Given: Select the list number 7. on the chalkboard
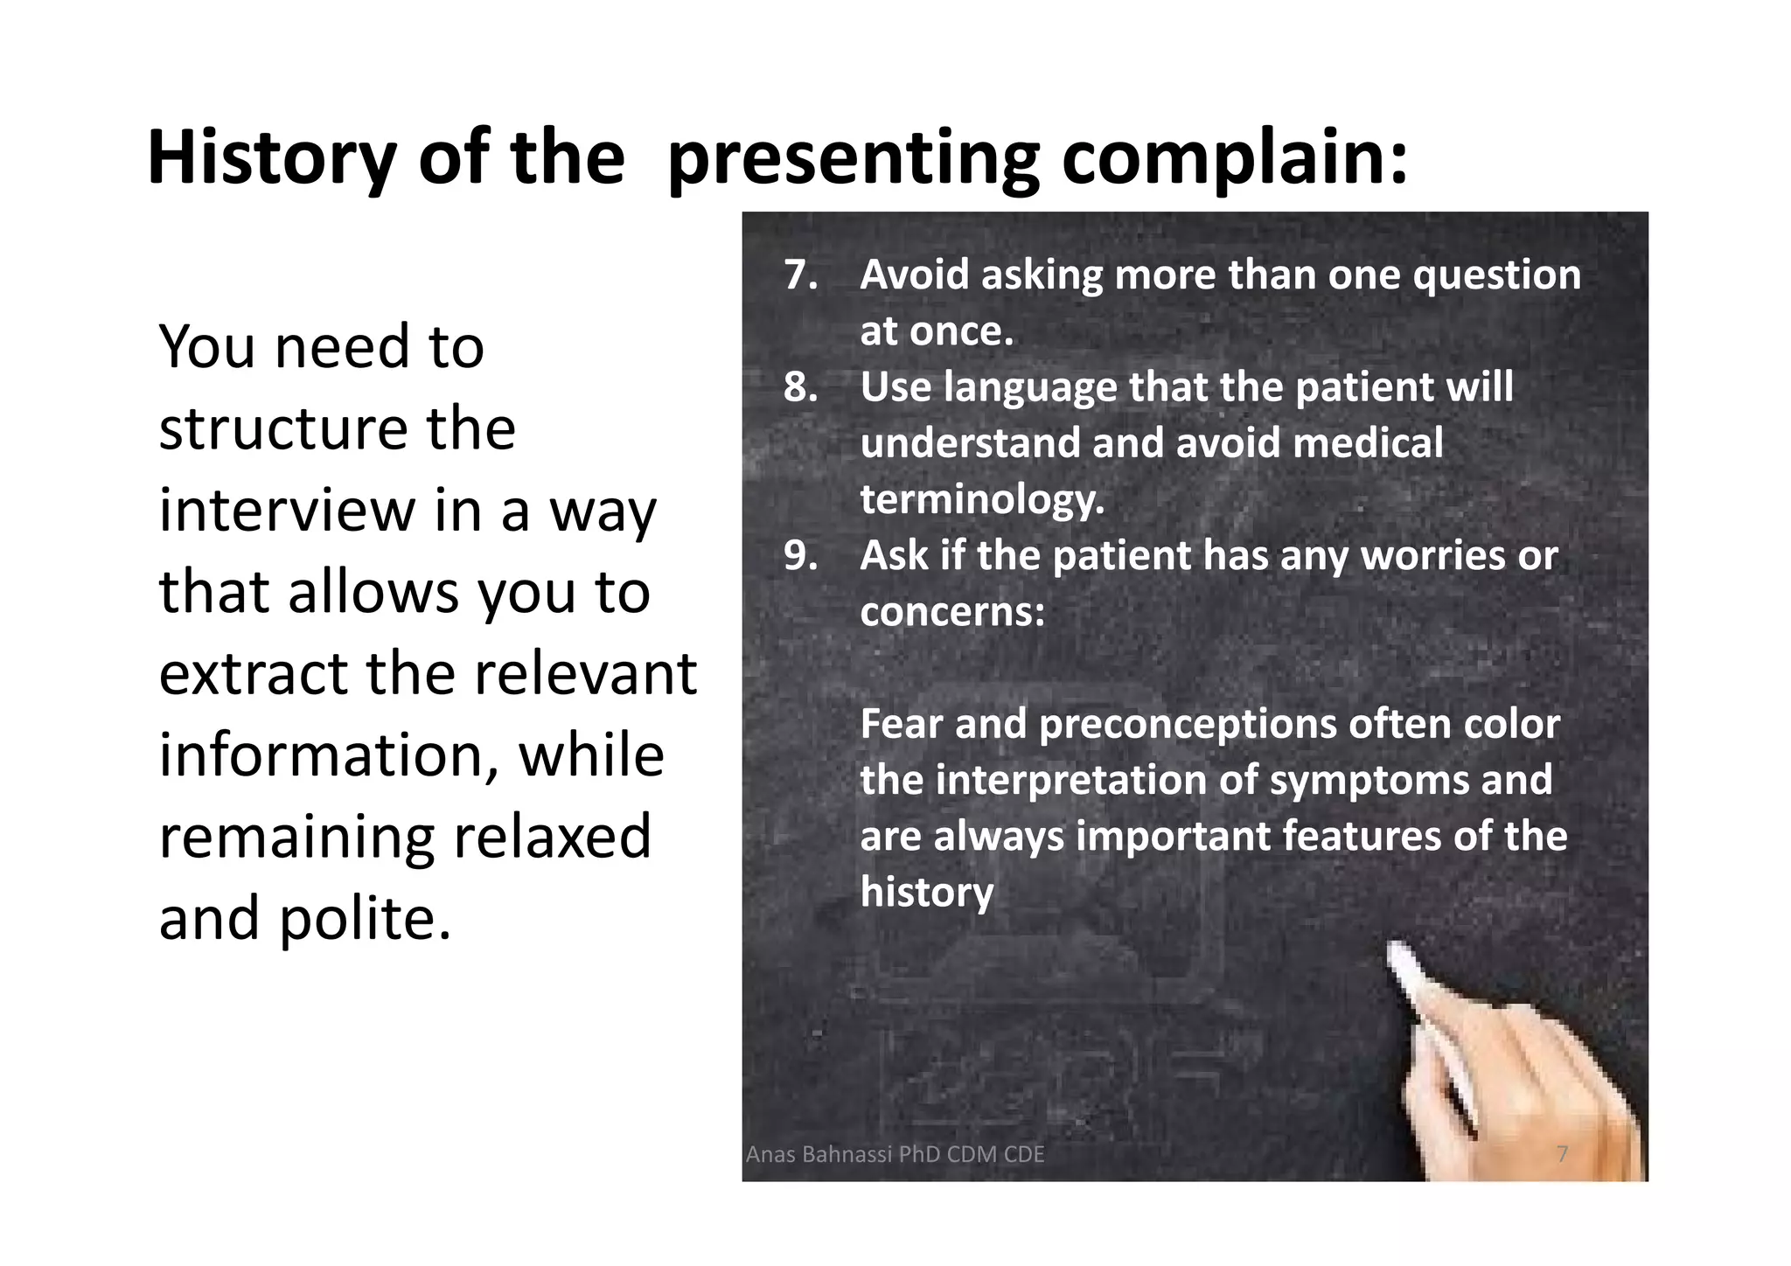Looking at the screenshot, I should (800, 275).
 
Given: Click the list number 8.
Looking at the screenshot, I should (800, 387).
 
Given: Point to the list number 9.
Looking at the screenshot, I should (800, 556).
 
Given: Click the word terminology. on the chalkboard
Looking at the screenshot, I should (982, 500).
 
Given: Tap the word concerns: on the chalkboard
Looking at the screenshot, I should (951, 612).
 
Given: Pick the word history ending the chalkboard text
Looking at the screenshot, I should (926, 893).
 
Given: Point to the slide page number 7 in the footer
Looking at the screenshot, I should (1562, 1154).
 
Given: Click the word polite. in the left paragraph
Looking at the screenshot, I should (366, 920).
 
